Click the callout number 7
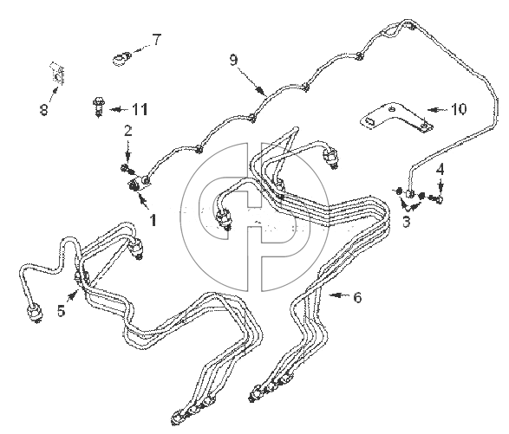point(156,40)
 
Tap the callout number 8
point(44,109)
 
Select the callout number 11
point(140,109)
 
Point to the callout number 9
point(234,60)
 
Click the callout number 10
point(459,109)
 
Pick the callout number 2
point(128,131)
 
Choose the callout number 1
point(153,220)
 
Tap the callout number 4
point(440,170)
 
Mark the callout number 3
point(407,222)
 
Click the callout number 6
point(357,297)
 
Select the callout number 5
point(62,310)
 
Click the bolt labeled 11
point(98,107)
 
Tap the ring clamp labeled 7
point(121,59)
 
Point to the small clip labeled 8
point(57,74)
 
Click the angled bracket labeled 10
point(397,118)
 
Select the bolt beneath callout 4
point(435,198)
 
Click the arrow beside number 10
point(438,110)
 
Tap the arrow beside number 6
point(340,295)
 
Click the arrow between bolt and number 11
point(119,110)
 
